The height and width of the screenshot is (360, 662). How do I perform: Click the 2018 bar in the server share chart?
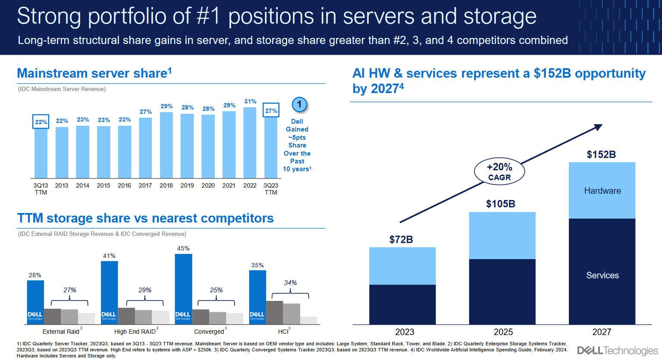tap(166, 145)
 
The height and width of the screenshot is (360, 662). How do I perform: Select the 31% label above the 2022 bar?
tap(250, 102)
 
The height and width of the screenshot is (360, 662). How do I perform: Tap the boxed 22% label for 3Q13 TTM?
tap(41, 122)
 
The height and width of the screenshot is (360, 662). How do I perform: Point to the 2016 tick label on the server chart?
tap(124, 185)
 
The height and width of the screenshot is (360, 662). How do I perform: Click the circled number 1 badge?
tap(299, 104)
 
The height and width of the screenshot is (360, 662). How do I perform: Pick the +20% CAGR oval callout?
tap(499, 172)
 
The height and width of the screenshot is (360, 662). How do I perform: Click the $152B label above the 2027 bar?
tap(601, 154)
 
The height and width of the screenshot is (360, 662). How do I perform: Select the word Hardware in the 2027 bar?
tap(602, 191)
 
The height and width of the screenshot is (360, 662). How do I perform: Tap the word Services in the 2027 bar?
tap(602, 275)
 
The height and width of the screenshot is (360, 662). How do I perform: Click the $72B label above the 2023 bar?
tap(401, 239)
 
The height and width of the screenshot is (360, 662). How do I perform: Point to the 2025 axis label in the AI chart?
tap(503, 332)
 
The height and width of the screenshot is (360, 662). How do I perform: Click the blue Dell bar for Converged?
tap(183, 289)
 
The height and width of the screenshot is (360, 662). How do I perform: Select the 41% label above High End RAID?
tap(109, 256)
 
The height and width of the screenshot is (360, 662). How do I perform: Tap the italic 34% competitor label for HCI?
tap(290, 283)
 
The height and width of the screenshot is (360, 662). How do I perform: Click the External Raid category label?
tap(61, 332)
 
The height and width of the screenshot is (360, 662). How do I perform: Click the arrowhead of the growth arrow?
tap(598, 127)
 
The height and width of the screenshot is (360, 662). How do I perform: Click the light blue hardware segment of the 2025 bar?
tap(502, 235)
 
